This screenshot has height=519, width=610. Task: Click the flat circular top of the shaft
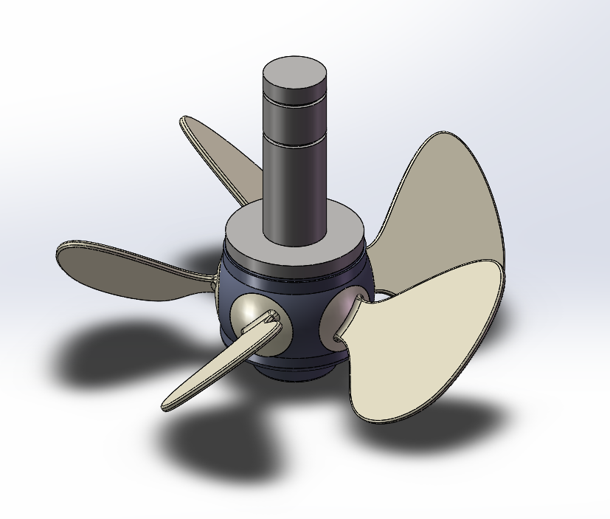pos(294,72)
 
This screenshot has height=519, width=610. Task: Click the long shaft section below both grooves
pos(294,185)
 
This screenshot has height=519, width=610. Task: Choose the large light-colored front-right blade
pos(428,340)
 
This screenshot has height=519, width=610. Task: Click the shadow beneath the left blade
pos(111,354)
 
